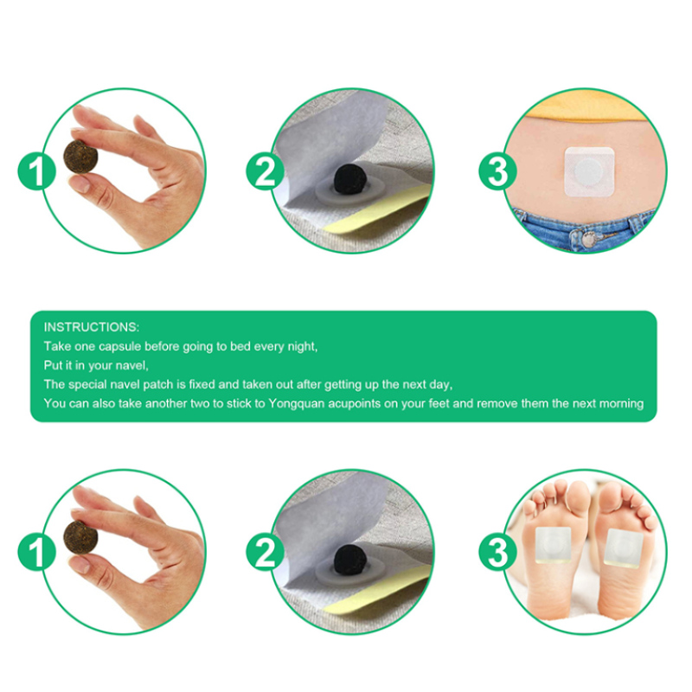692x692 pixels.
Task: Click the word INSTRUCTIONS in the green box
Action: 91,327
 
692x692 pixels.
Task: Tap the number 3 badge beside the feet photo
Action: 497,552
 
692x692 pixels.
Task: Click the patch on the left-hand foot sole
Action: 550,546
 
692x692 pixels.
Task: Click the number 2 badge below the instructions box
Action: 266,552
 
